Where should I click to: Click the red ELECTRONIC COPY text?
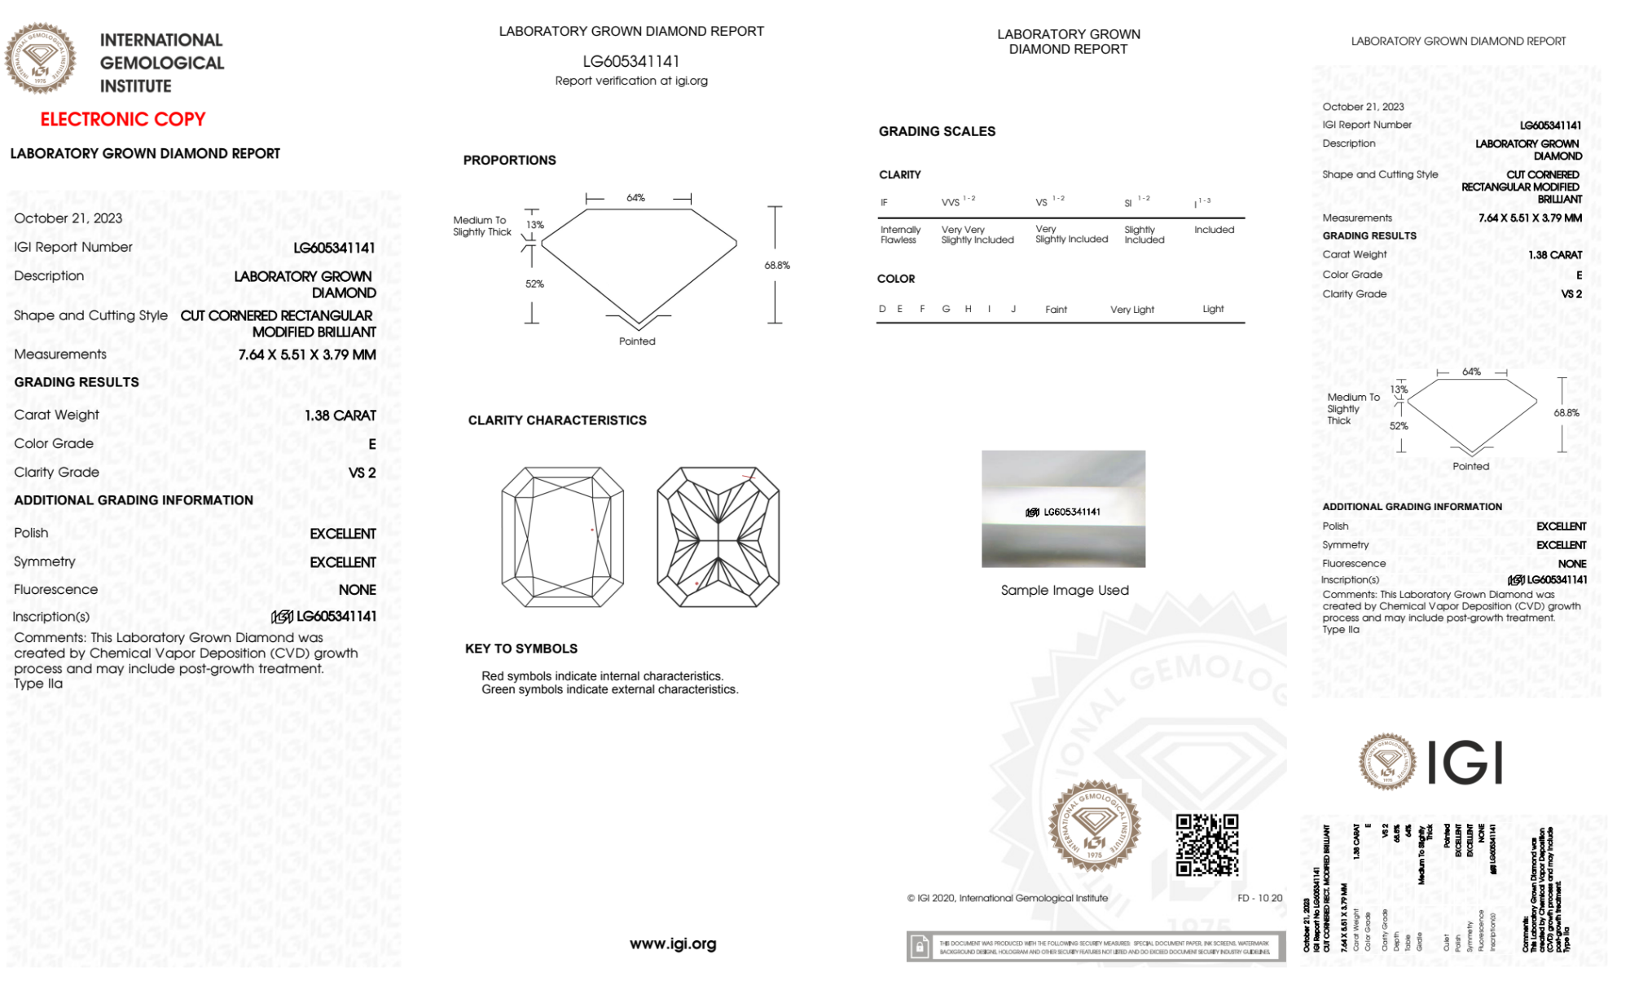[x=123, y=119]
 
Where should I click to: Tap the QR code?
[x=1206, y=844]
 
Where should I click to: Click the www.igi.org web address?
[x=673, y=944]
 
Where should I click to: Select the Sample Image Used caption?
[x=1065, y=590]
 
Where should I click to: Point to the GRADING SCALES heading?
[x=937, y=131]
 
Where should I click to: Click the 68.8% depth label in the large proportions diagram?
[x=777, y=266]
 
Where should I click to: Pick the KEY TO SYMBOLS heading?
[x=521, y=649]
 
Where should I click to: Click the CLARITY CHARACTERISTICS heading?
[x=557, y=420]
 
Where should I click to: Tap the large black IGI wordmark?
[x=1465, y=763]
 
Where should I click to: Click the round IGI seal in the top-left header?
[x=40, y=58]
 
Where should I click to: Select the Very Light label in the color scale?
[x=1132, y=310]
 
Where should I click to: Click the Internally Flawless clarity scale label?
[x=900, y=235]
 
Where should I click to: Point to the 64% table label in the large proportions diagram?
[x=636, y=198]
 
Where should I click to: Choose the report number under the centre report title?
[x=631, y=61]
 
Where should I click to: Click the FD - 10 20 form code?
[x=1259, y=898]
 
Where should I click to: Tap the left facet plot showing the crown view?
[x=562, y=537]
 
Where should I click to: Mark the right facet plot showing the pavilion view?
[x=718, y=537]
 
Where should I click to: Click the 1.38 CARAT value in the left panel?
[x=340, y=416]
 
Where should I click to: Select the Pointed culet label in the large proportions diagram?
[x=637, y=341]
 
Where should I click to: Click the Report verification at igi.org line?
[x=631, y=81]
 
